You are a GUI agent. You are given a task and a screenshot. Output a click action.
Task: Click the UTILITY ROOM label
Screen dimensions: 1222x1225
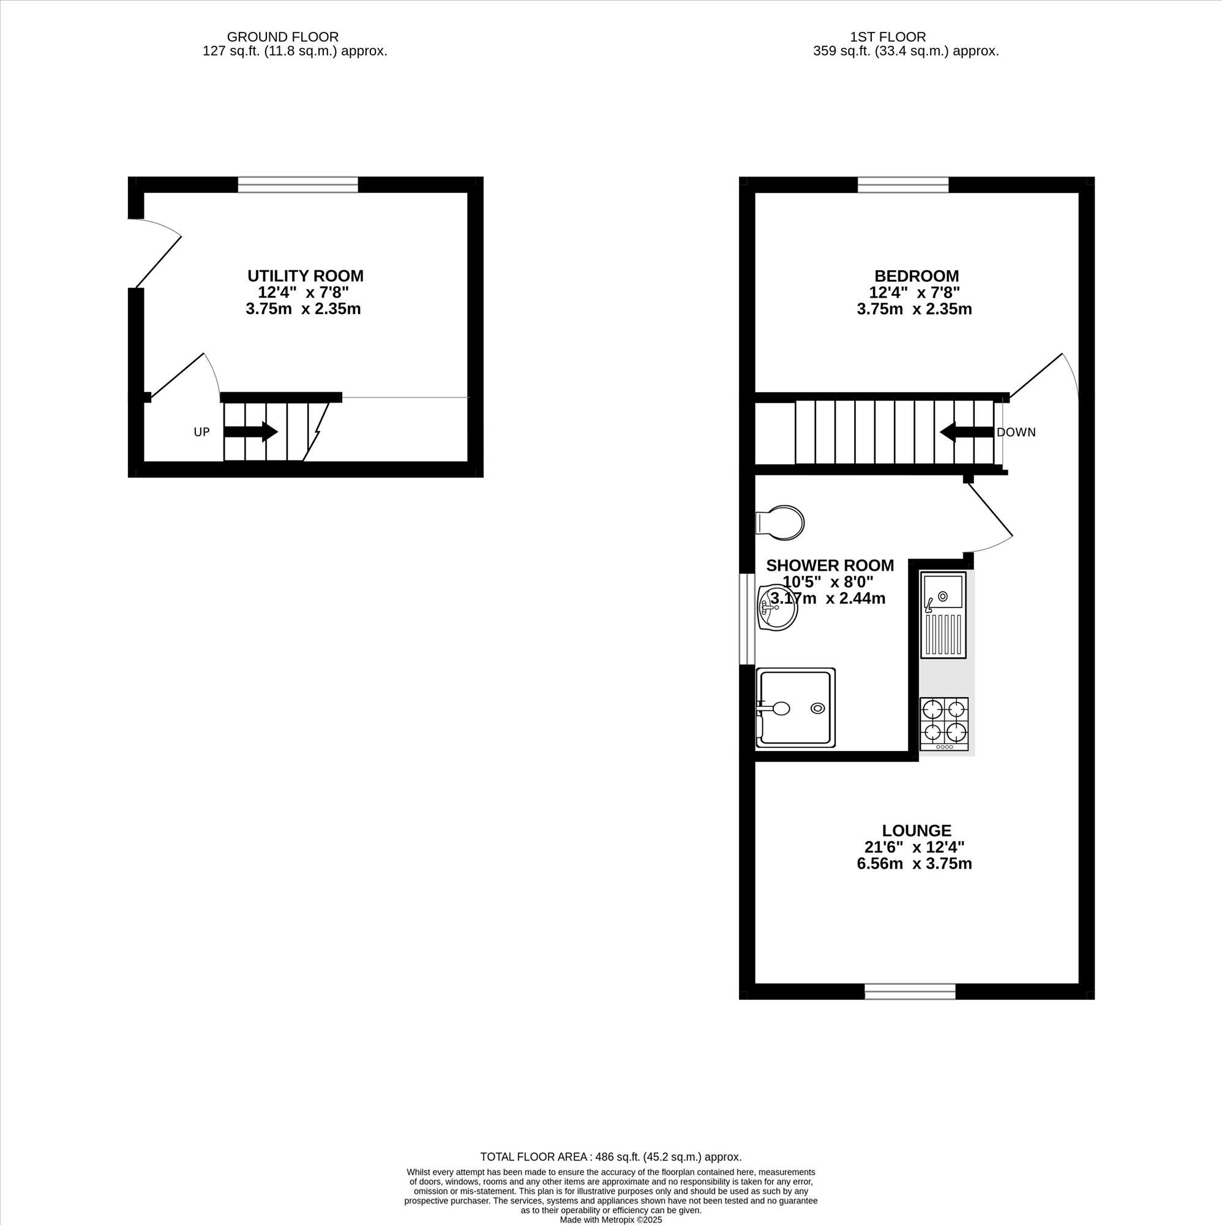(305, 276)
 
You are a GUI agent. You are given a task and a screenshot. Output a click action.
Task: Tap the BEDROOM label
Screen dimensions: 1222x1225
(916, 276)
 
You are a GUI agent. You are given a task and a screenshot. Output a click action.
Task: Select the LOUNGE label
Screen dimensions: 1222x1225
(916, 831)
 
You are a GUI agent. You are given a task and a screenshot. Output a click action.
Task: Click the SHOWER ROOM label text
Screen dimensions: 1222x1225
(830, 565)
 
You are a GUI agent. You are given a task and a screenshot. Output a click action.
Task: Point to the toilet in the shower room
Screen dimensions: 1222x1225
(780, 523)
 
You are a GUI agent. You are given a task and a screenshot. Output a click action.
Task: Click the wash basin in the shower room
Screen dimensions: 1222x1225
(777, 608)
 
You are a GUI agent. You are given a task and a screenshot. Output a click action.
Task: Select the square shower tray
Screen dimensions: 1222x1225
(795, 706)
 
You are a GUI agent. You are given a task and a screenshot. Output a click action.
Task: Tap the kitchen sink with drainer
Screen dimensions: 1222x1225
(943, 614)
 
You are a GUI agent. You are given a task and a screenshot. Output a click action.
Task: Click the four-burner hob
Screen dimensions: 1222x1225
(944, 724)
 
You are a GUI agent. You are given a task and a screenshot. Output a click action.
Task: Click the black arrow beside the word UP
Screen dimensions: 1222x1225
(251, 432)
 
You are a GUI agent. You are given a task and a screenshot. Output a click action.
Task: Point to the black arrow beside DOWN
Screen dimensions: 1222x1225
(966, 432)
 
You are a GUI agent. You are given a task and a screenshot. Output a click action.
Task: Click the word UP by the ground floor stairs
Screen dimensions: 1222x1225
(201, 432)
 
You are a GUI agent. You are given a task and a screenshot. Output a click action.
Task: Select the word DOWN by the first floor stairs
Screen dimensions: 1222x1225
(1016, 432)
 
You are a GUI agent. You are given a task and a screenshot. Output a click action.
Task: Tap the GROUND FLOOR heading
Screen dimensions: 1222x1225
(283, 37)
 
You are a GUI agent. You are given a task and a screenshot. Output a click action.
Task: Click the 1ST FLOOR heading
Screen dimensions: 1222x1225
(887, 37)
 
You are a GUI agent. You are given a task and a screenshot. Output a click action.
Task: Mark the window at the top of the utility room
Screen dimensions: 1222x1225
(298, 184)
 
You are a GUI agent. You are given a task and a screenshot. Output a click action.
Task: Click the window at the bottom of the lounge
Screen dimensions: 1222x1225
(910, 991)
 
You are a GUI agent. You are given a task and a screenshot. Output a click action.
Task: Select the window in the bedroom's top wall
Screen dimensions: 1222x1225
(903, 184)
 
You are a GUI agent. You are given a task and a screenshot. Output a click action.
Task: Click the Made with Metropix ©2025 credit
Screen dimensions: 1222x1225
(611, 1219)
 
